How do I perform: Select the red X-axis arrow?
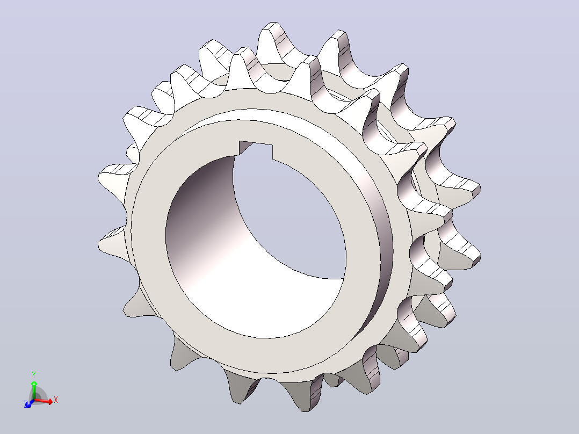(x=44, y=401)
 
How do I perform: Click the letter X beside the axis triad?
(x=56, y=400)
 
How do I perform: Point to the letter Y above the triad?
(x=34, y=374)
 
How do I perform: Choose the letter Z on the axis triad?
(x=25, y=404)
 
